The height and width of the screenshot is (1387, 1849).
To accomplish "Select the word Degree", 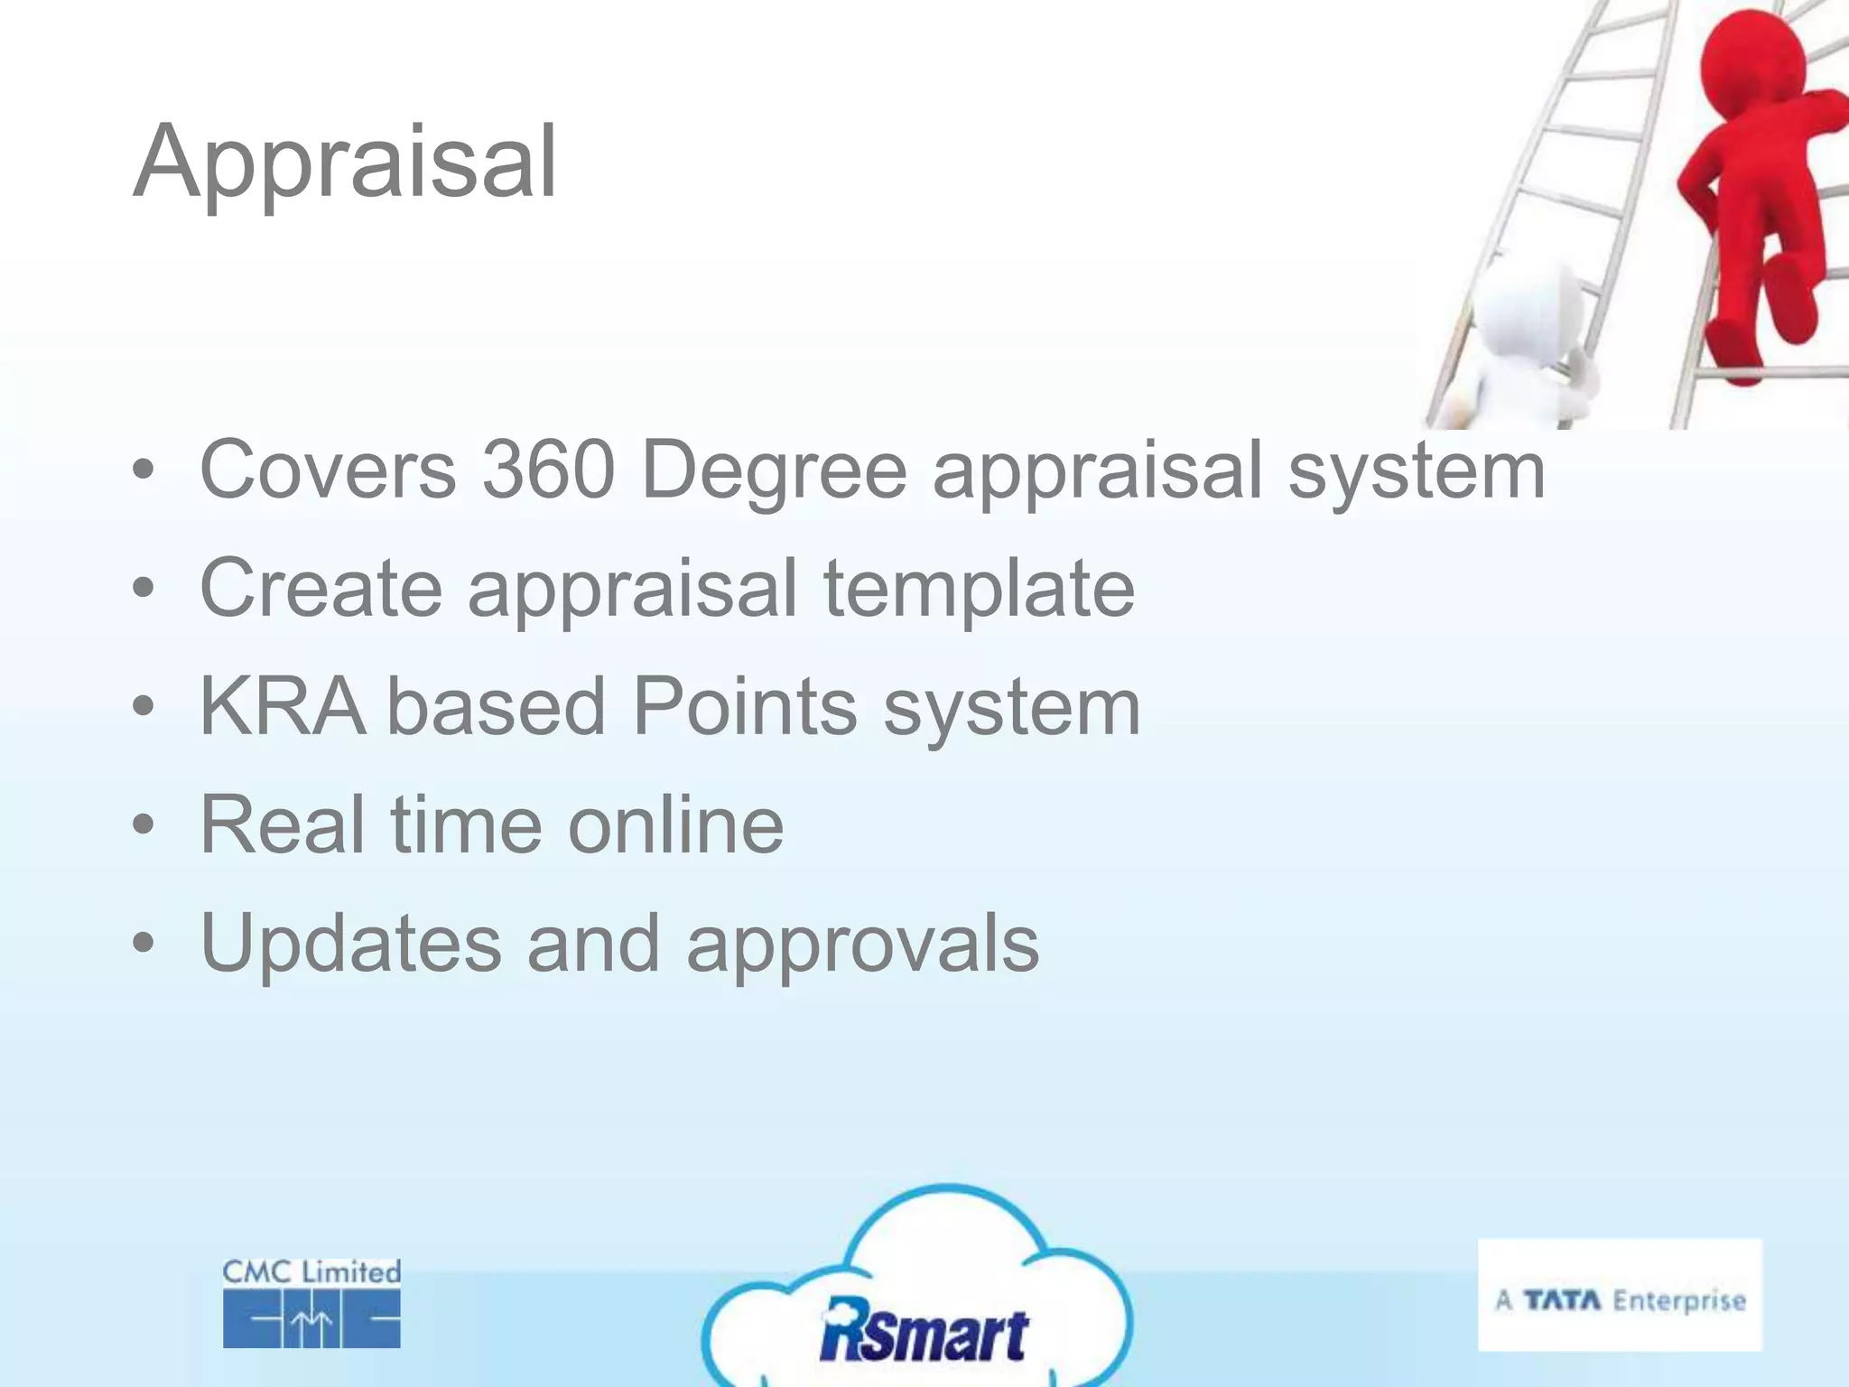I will point(774,471).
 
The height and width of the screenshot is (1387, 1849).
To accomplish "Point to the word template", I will point(979,590).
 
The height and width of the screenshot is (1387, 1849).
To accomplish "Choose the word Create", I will point(321,588).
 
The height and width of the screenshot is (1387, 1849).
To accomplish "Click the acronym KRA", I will point(283,706).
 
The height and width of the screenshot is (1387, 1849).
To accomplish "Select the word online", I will point(675,824).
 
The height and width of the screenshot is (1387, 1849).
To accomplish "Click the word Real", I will point(283,824).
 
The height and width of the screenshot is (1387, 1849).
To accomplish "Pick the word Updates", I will point(350,944).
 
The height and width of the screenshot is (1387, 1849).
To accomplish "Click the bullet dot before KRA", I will point(143,707).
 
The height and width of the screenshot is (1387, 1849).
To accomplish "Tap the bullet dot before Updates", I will point(143,944).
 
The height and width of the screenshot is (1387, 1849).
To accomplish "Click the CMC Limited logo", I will point(311,1303).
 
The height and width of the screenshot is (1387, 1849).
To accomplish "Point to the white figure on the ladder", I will point(1526,343).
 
